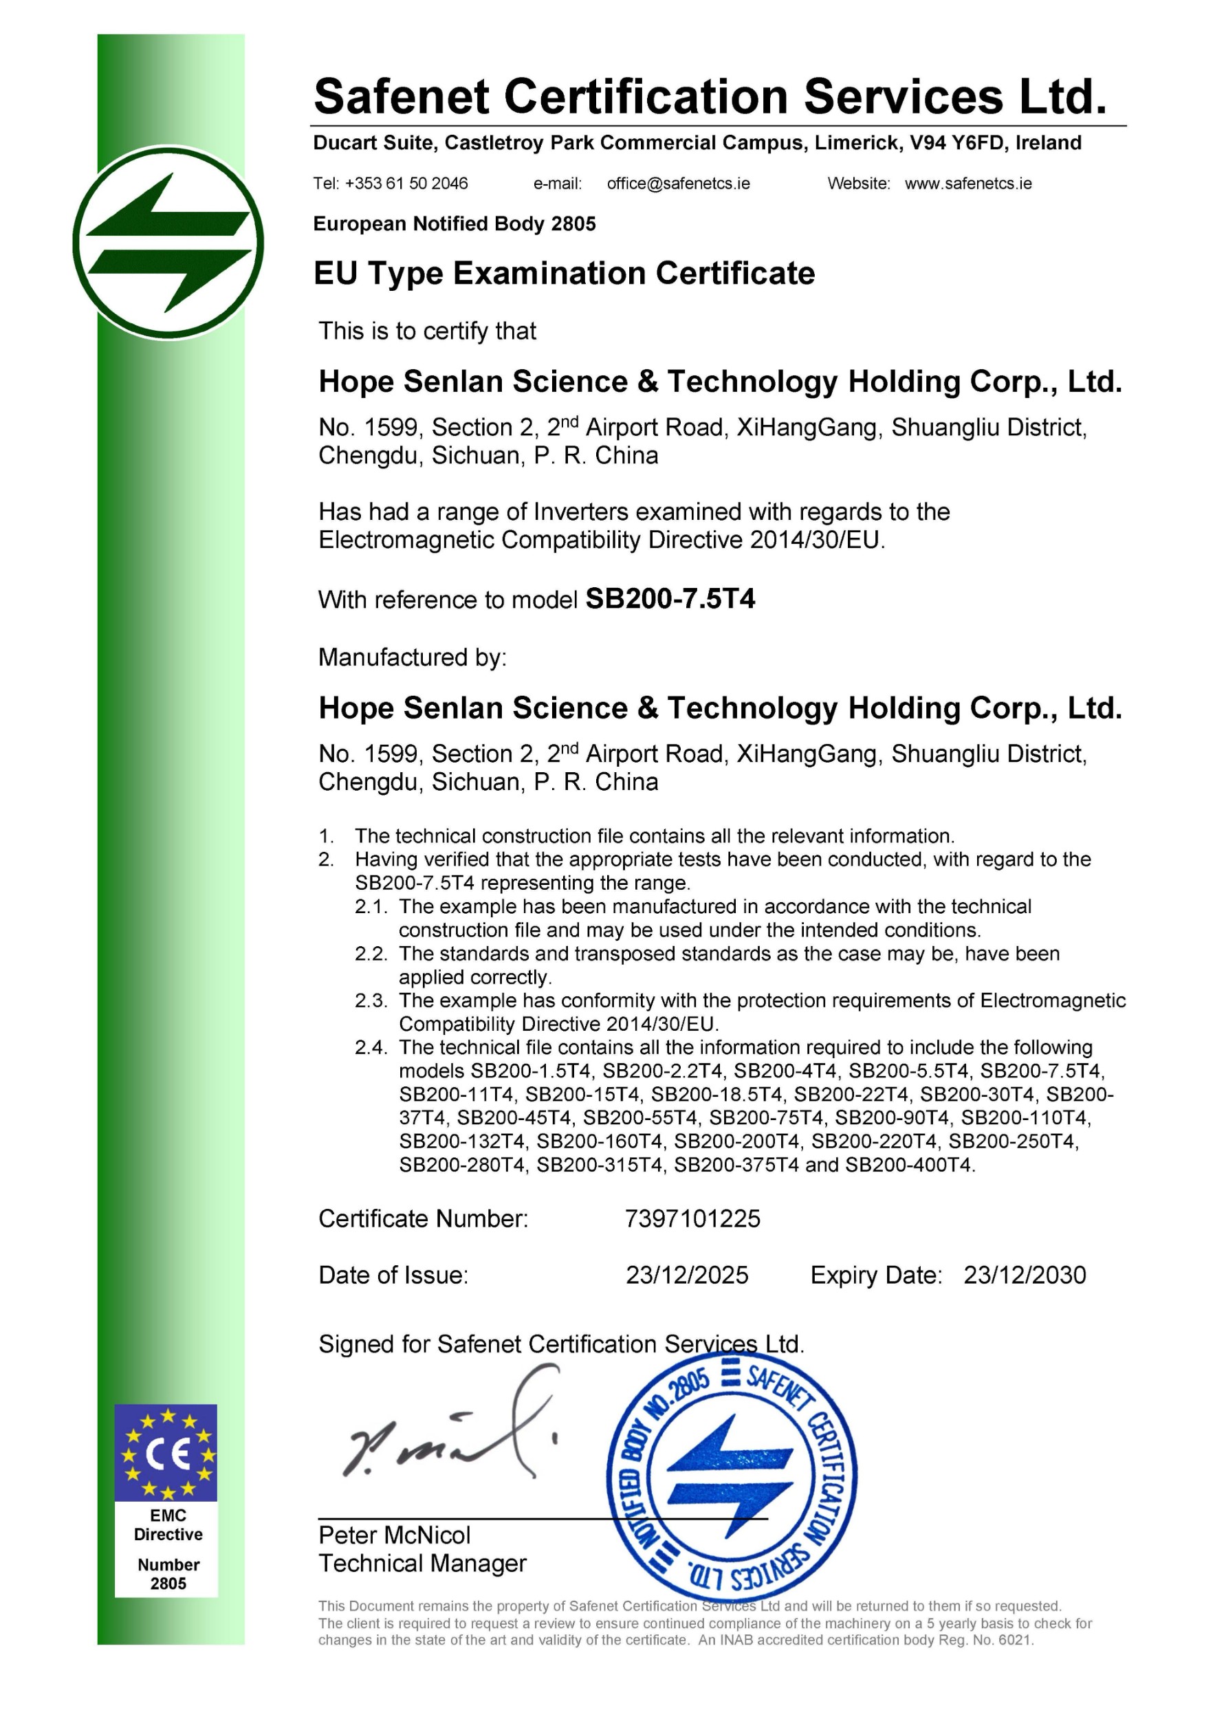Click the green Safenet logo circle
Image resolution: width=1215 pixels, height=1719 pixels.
tap(168, 243)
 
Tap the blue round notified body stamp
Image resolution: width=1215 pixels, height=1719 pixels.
tap(732, 1477)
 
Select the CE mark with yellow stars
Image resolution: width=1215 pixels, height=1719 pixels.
tap(166, 1453)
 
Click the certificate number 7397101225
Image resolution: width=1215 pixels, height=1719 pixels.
tap(692, 1219)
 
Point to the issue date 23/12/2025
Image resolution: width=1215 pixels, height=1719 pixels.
tap(686, 1275)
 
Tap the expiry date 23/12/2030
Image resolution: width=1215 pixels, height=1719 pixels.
tap(1024, 1275)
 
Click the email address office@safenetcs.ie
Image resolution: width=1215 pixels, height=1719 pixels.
tap(678, 184)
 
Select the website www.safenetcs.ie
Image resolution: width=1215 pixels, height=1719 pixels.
tap(968, 184)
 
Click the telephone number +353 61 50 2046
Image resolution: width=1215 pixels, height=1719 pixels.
tap(406, 184)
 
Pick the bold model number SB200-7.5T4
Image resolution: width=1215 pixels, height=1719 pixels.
tap(670, 599)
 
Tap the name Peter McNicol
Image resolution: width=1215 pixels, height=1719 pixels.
tap(395, 1535)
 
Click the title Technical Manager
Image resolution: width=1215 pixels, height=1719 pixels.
tap(422, 1564)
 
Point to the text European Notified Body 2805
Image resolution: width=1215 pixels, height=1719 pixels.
tap(455, 224)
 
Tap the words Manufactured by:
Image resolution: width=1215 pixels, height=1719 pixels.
tap(413, 657)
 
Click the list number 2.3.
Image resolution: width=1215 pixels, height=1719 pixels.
tap(371, 1001)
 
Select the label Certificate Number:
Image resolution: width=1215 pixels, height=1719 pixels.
tap(423, 1219)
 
